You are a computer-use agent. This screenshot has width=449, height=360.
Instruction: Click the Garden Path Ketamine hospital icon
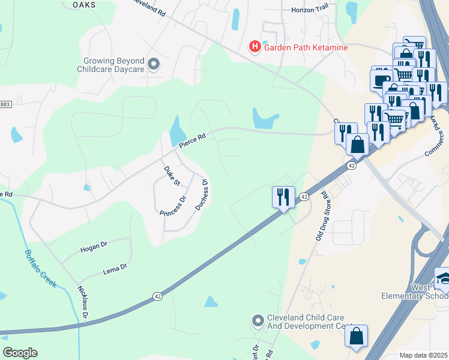tap(255, 46)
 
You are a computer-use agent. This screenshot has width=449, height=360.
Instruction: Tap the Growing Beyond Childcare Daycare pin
tap(154, 64)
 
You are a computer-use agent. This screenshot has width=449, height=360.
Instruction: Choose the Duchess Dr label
tap(202, 195)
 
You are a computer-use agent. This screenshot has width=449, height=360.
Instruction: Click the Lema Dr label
tap(115, 267)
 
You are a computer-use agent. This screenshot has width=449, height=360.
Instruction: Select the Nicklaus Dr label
tap(83, 302)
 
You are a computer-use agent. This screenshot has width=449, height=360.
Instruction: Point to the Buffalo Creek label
tap(41, 268)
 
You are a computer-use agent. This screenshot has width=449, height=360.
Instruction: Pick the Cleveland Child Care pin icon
tap(259, 321)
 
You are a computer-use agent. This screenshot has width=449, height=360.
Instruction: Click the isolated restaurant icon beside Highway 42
tap(283, 197)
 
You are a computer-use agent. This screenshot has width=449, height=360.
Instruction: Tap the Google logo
tap(20, 353)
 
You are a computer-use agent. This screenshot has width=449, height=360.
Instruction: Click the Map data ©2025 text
tap(424, 355)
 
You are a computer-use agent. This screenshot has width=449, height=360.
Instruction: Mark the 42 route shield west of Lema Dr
tap(157, 296)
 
